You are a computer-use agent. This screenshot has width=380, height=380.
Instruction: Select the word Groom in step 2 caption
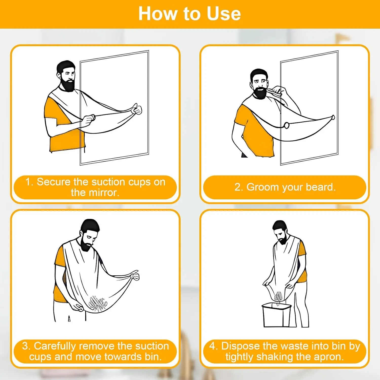pyautogui.click(x=263, y=187)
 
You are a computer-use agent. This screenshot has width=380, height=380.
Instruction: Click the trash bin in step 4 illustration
pyautogui.click(x=276, y=315)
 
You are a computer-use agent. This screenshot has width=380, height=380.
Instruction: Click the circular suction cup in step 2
pyautogui.click(x=286, y=125)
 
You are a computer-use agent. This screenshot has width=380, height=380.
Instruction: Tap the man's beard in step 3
pyautogui.click(x=86, y=244)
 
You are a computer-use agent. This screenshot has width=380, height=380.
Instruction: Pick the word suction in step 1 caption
pyautogui.click(x=108, y=182)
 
